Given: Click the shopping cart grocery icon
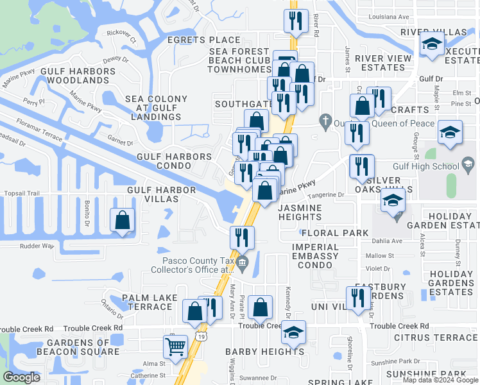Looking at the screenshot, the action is point(175,346).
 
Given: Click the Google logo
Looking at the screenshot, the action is point(22,377).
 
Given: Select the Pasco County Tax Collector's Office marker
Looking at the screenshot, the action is point(243,262).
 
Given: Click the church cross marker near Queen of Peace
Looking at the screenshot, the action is point(325,120).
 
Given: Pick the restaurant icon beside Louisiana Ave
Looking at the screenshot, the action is point(296,21).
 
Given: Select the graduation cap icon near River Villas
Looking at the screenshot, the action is point(433,46).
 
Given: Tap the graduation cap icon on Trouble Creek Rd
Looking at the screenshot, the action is point(294,332).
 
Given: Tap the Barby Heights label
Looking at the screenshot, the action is point(264,352).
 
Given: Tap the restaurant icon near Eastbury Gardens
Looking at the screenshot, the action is point(358,298).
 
